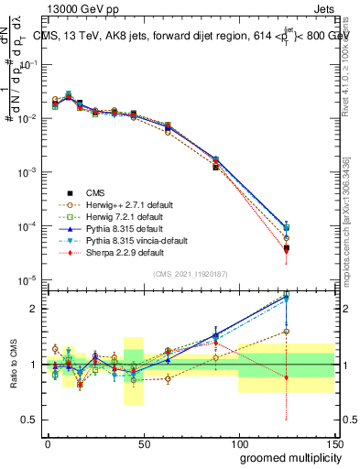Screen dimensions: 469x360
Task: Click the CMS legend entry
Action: (95, 192)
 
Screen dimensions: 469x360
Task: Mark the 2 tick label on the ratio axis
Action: (34, 309)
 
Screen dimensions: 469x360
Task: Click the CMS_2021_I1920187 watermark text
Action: (190, 275)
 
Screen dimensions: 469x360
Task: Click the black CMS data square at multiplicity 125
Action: (287, 248)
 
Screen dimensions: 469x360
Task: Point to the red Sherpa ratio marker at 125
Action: (287, 377)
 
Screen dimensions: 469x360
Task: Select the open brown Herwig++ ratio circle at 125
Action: (287, 332)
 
